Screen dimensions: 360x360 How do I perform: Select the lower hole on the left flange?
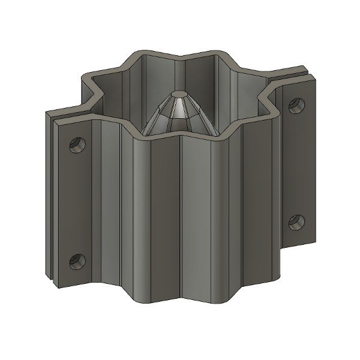(x=77, y=261)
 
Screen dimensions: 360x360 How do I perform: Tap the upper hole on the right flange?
(x=295, y=106)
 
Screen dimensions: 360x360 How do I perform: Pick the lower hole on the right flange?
(x=295, y=221)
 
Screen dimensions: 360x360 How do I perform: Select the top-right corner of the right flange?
(x=314, y=74)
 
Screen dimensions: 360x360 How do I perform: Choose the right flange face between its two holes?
(x=296, y=165)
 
